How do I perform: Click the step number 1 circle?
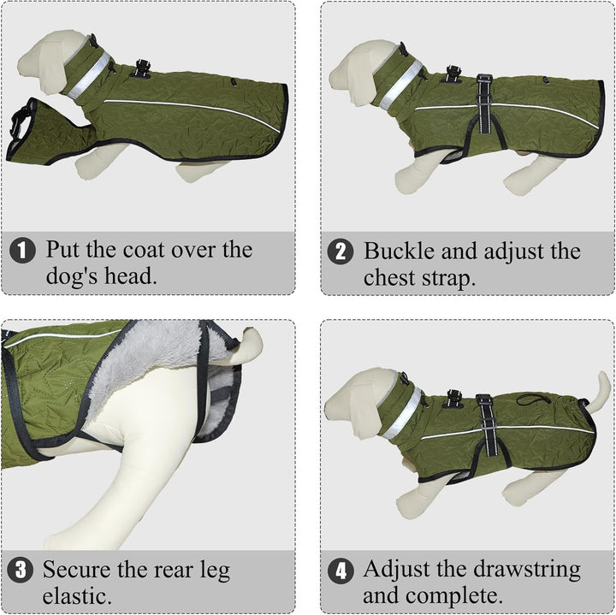(22, 250)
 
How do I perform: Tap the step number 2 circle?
(341, 251)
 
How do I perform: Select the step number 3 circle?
(20, 570)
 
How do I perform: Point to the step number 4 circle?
(341, 571)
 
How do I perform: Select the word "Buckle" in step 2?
(399, 251)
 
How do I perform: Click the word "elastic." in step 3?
(77, 596)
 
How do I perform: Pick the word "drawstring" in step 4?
(527, 571)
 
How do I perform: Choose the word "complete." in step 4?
(454, 596)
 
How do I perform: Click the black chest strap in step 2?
(484, 104)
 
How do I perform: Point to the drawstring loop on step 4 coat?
(532, 400)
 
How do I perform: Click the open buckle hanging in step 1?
(20, 121)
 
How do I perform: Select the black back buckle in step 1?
(142, 68)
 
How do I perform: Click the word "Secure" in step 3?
(77, 569)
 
